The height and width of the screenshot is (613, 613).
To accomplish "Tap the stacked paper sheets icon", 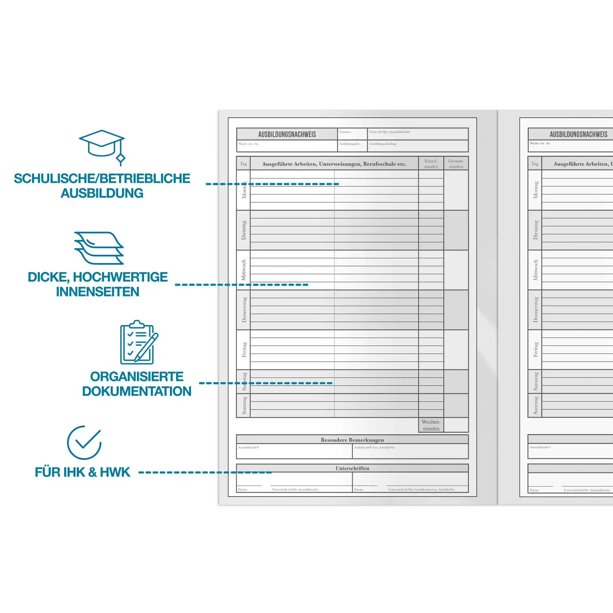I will pos(99,248).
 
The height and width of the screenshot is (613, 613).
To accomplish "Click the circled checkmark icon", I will pos(84,443).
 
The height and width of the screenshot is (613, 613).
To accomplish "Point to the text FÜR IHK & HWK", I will pos(82,472).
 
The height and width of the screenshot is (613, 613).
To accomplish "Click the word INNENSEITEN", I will pos(97,291).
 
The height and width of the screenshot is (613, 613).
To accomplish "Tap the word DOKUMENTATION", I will pos(136,391).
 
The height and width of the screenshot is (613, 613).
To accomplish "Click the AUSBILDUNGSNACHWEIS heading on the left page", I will pos(287,134).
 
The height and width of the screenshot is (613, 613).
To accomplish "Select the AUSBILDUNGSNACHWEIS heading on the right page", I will pos(578,134).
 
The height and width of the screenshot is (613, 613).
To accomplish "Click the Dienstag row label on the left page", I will pos(243,230).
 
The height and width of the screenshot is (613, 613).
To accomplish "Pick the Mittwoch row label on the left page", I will pos(243,270).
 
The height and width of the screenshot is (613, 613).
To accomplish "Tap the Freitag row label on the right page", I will pos(535,349).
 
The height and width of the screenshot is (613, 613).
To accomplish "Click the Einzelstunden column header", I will pos(431,164).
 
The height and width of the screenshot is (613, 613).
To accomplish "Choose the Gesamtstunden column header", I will pos(456,164).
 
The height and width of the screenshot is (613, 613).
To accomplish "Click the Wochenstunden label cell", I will pos(431,425).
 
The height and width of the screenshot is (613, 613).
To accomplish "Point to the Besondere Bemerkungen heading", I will pos(352,440).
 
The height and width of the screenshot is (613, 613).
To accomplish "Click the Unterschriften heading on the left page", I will pos(352,468).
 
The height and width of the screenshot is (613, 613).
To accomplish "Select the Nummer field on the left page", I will pos(352,134).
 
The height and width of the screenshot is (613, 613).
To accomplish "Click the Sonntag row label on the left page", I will pos(244,405).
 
